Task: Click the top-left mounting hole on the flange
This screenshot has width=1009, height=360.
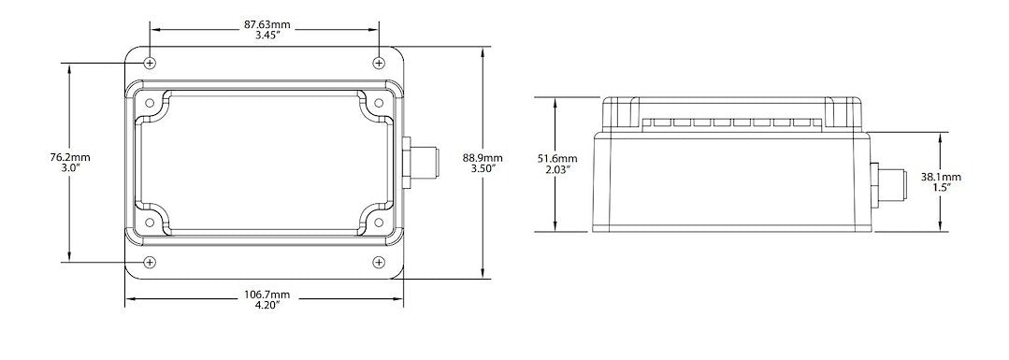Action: click(151, 63)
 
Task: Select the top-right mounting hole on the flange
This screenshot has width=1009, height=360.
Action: click(378, 63)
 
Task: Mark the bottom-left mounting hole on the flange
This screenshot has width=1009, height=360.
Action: click(151, 262)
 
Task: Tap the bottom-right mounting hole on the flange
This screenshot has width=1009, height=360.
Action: click(378, 262)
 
